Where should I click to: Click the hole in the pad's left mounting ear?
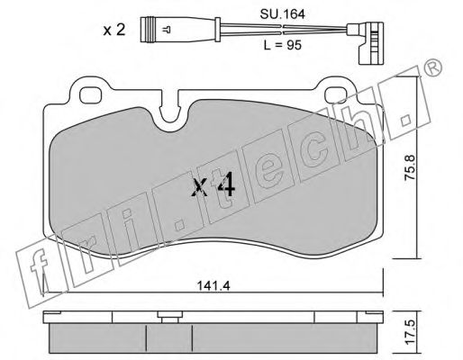point(93,93)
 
